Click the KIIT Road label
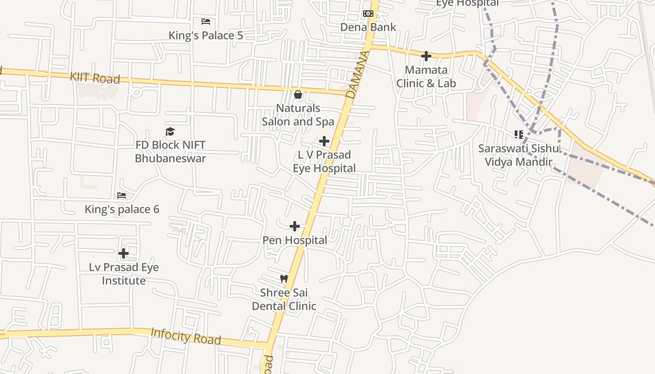tap(95, 78)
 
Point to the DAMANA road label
tap(357, 75)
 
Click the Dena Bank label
tap(368, 27)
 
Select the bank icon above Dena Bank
tap(368, 14)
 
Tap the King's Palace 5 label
tap(205, 36)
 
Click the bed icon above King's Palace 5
tap(206, 22)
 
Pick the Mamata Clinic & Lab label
tap(426, 77)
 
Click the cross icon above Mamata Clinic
tap(426, 56)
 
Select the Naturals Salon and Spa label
tap(298, 115)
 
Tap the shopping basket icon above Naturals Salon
tap(298, 95)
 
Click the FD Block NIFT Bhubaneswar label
tap(170, 151)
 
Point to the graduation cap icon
tap(170, 132)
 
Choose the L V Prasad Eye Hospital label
tap(324, 161)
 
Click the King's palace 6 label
tap(122, 209)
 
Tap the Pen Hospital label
tap(295, 240)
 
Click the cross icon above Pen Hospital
tap(295, 227)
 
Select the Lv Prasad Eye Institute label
tap(124, 274)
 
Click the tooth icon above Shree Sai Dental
tap(284, 279)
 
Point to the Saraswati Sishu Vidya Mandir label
tap(518, 155)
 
